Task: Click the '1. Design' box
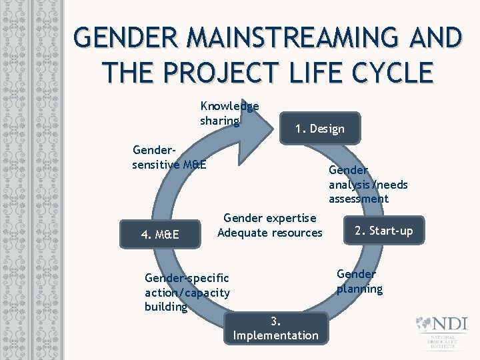[x=320, y=129]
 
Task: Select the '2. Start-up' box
[x=383, y=231]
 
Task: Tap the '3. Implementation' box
[x=275, y=328]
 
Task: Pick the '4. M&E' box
[x=160, y=235]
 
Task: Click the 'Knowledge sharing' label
[x=229, y=113]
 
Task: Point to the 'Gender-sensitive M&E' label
[x=169, y=157]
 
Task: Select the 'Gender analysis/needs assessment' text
[x=367, y=185]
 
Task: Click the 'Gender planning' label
[x=359, y=281]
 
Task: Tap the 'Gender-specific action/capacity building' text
[x=187, y=292]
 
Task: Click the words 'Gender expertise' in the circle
[x=270, y=218]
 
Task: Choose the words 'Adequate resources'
[x=270, y=233]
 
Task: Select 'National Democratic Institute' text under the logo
[x=443, y=343]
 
